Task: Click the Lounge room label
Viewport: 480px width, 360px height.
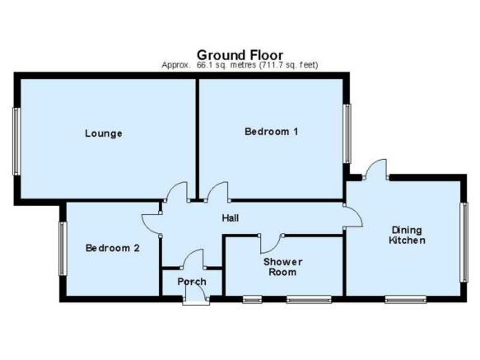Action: (104, 133)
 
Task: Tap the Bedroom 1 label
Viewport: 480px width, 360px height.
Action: (271, 132)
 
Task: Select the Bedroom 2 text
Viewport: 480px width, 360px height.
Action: (112, 248)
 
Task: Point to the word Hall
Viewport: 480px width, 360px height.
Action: (231, 218)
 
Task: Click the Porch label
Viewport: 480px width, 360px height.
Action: (192, 282)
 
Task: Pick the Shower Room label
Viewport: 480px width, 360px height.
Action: (282, 267)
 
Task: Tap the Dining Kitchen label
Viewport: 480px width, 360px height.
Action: (407, 235)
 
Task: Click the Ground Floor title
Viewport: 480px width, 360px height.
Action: (240, 55)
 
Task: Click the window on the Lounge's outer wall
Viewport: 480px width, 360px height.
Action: (16, 142)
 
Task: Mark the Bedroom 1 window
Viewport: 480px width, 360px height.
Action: (347, 133)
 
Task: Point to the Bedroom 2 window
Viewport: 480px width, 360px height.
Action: (63, 249)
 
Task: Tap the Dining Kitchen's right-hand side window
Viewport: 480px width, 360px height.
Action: (464, 242)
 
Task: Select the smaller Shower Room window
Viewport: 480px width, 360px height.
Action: (252, 299)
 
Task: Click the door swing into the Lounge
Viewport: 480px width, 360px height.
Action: (177, 190)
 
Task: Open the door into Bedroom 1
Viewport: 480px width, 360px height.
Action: (218, 191)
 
